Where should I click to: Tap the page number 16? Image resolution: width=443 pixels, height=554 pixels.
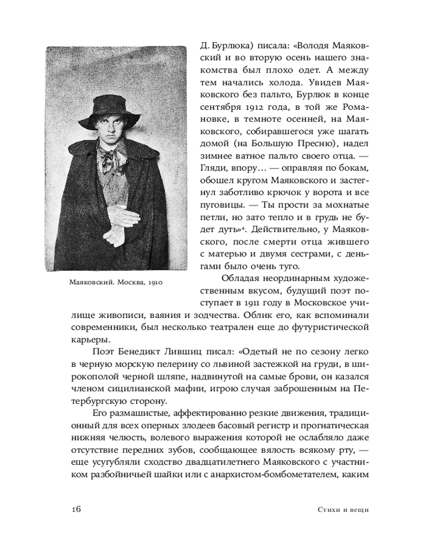point(76,510)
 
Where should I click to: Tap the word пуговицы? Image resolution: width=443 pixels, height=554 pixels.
point(219,204)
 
